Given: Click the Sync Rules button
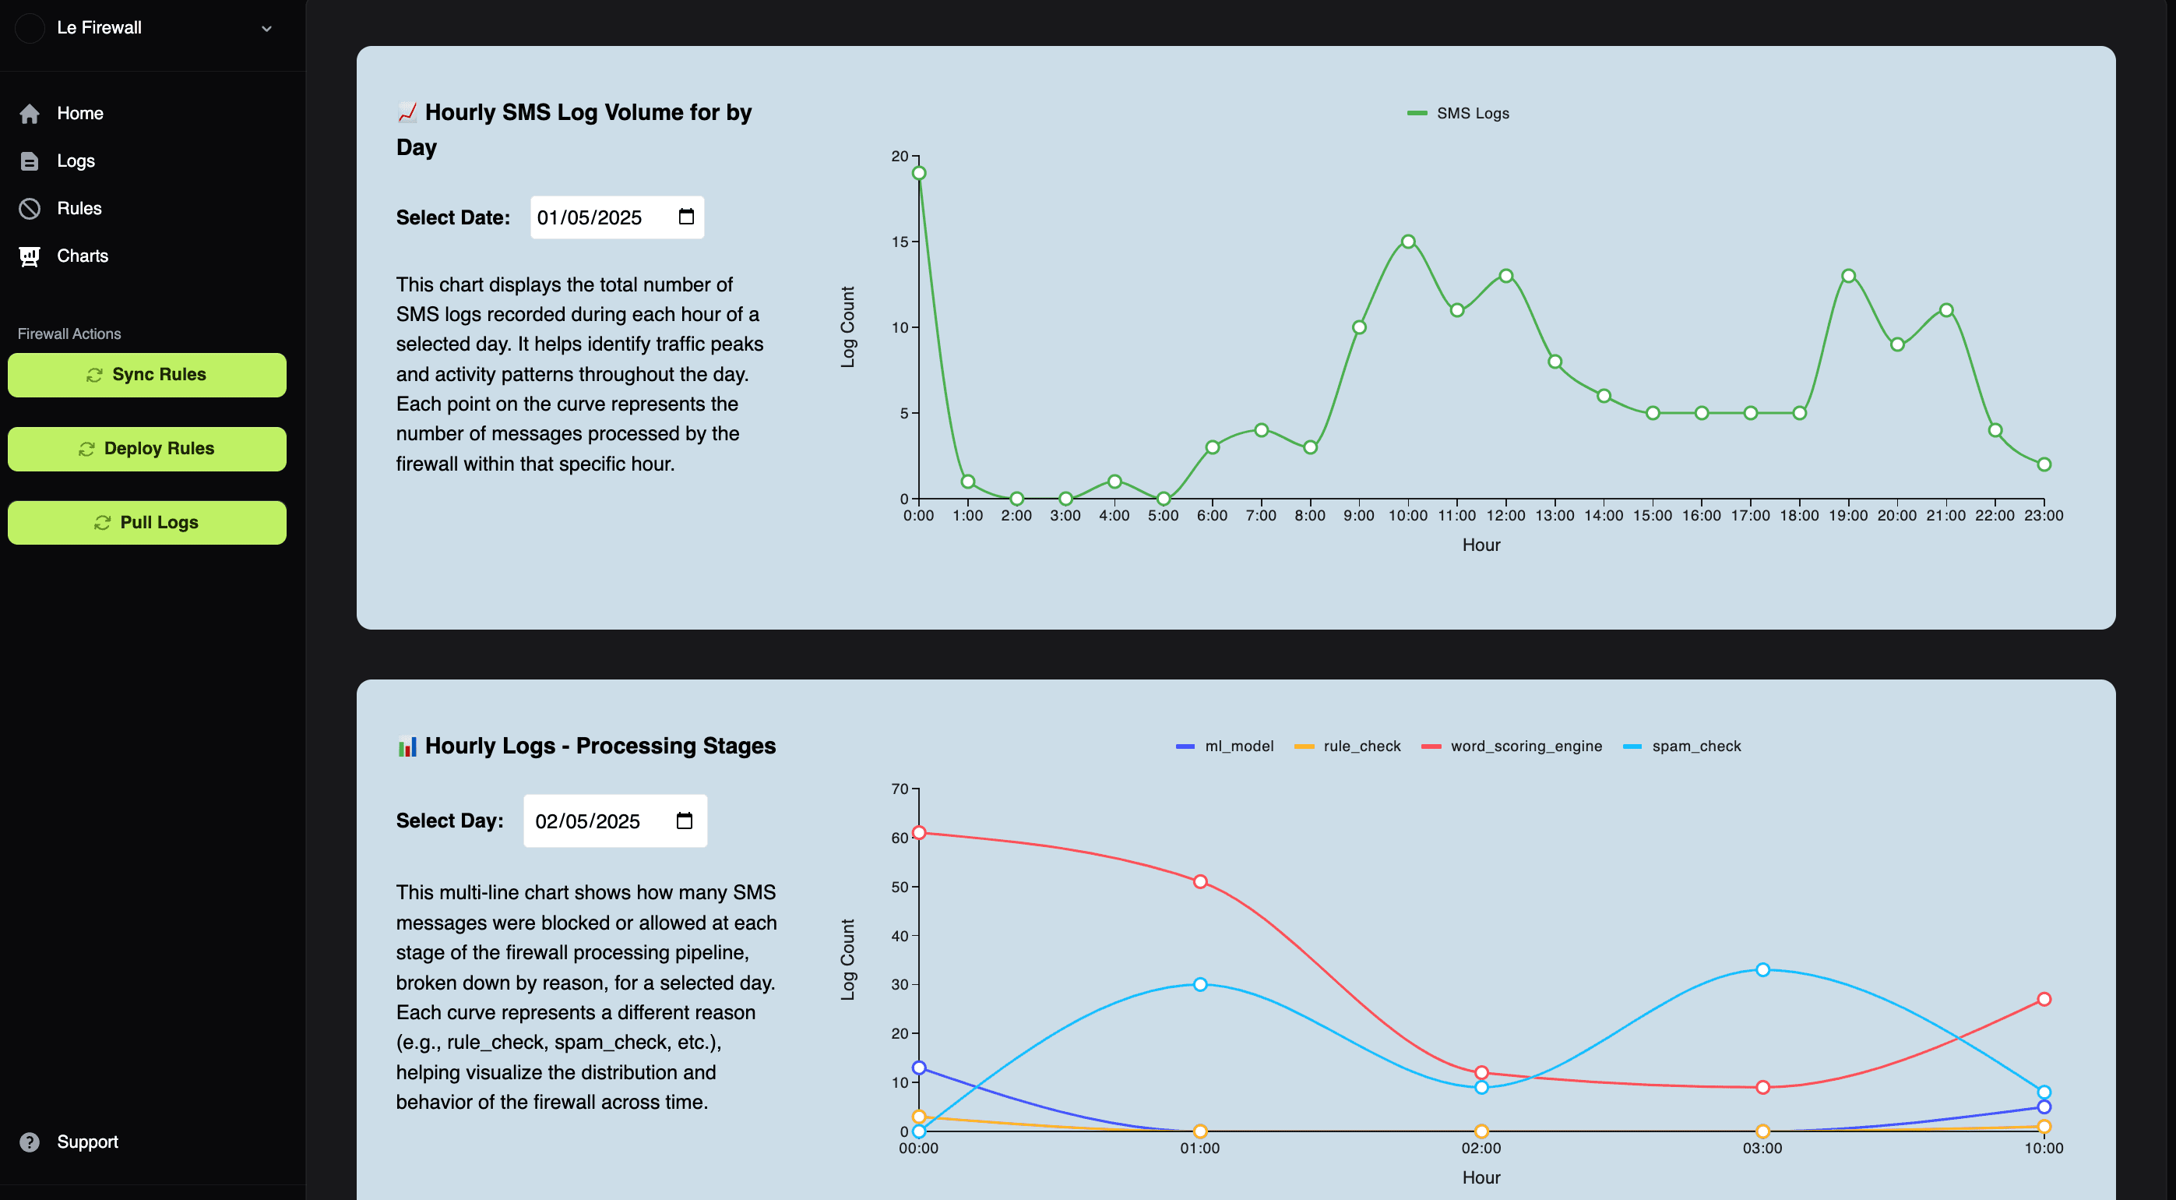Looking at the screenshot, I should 147,374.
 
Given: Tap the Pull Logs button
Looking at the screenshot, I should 147,522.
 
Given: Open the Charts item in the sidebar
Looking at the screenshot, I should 82,256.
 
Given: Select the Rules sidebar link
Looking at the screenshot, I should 79,209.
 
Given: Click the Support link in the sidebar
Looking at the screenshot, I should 87,1142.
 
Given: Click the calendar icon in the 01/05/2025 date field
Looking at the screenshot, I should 686,217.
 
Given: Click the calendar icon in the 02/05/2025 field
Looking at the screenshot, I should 685,821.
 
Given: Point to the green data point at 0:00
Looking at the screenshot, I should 919,173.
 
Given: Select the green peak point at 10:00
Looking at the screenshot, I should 1408,242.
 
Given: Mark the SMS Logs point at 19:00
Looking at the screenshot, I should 1848,277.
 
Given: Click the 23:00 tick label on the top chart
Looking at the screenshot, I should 2044,516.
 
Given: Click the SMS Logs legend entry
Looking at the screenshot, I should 1459,113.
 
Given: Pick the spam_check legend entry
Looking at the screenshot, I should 1683,746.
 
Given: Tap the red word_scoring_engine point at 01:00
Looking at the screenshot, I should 1200,881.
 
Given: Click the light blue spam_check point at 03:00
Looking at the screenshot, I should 1763,969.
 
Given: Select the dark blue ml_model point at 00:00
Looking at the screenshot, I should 919,1068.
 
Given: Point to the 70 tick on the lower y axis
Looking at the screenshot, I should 900,789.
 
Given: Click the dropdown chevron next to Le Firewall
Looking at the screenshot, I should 266,29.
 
